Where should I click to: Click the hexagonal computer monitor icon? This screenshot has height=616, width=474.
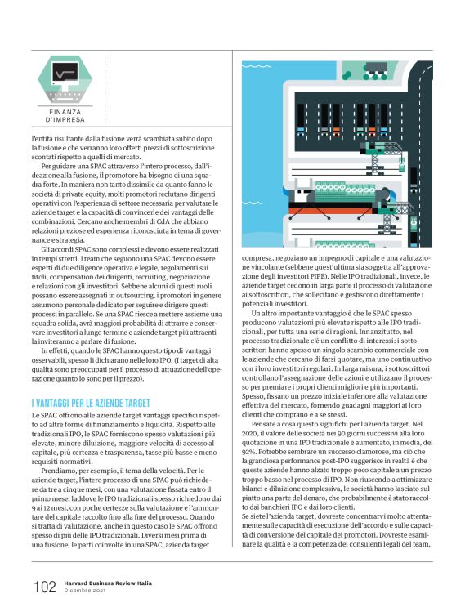pyautogui.click(x=70, y=79)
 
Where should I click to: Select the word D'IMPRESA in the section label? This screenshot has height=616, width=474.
pyautogui.click(x=70, y=120)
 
